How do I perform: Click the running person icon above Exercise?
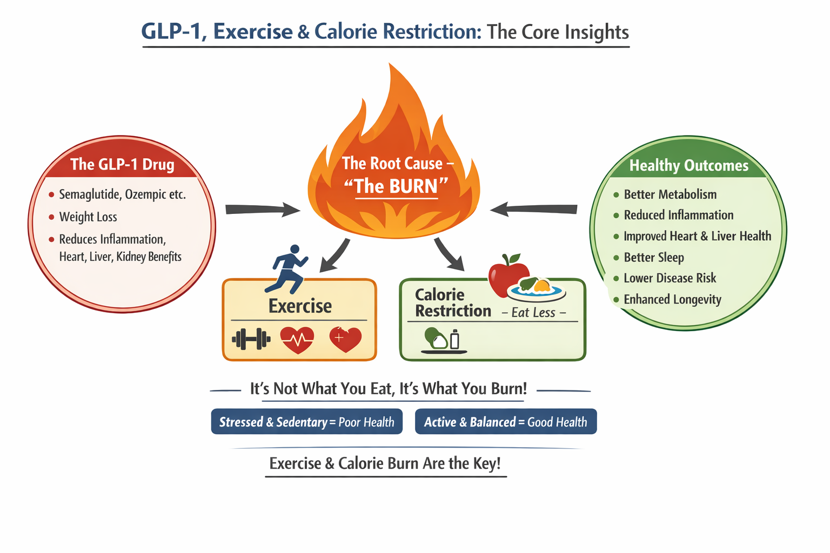[x=290, y=268]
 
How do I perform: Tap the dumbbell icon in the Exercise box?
[x=251, y=339]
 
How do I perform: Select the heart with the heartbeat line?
[x=297, y=340]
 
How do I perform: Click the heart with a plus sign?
[x=345, y=339]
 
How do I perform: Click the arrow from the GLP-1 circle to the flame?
[x=262, y=210]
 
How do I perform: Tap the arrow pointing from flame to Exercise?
[x=334, y=255]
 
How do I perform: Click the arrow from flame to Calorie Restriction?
[x=449, y=254]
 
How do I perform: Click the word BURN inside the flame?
[x=413, y=186]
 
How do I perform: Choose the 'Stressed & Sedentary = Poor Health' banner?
[x=306, y=422]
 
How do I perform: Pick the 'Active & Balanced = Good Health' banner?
[x=505, y=422]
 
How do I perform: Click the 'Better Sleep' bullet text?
[x=654, y=258]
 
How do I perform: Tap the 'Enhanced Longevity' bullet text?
[x=672, y=300]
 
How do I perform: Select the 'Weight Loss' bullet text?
[x=88, y=217]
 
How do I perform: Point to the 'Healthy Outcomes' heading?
[x=689, y=165]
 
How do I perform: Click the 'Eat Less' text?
[x=533, y=313]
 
